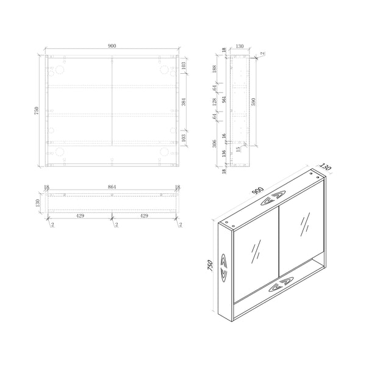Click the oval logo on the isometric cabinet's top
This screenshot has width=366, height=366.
click(273, 199)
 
